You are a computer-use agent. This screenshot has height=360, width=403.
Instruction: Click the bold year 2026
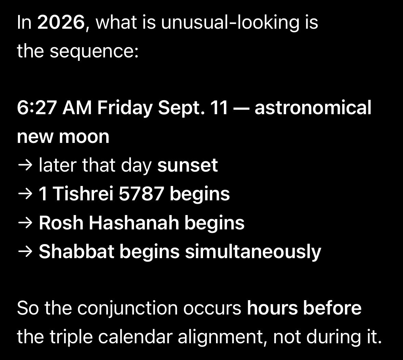[x=61, y=22]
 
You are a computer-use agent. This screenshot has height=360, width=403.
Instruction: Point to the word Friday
[x=125, y=108]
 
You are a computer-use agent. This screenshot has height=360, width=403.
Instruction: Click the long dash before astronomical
[x=241, y=108]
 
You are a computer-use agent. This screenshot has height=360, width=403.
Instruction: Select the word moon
[x=84, y=137]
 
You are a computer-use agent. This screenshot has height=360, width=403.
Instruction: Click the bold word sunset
[x=188, y=165]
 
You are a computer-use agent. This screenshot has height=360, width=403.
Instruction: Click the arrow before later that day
[x=25, y=165]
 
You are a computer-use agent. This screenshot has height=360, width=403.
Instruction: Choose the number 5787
[x=141, y=194]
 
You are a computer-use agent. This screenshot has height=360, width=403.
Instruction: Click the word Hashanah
[x=134, y=223]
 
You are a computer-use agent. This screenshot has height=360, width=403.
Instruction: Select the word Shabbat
[x=77, y=252]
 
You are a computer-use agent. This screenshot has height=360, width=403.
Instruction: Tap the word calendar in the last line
[x=135, y=337]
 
